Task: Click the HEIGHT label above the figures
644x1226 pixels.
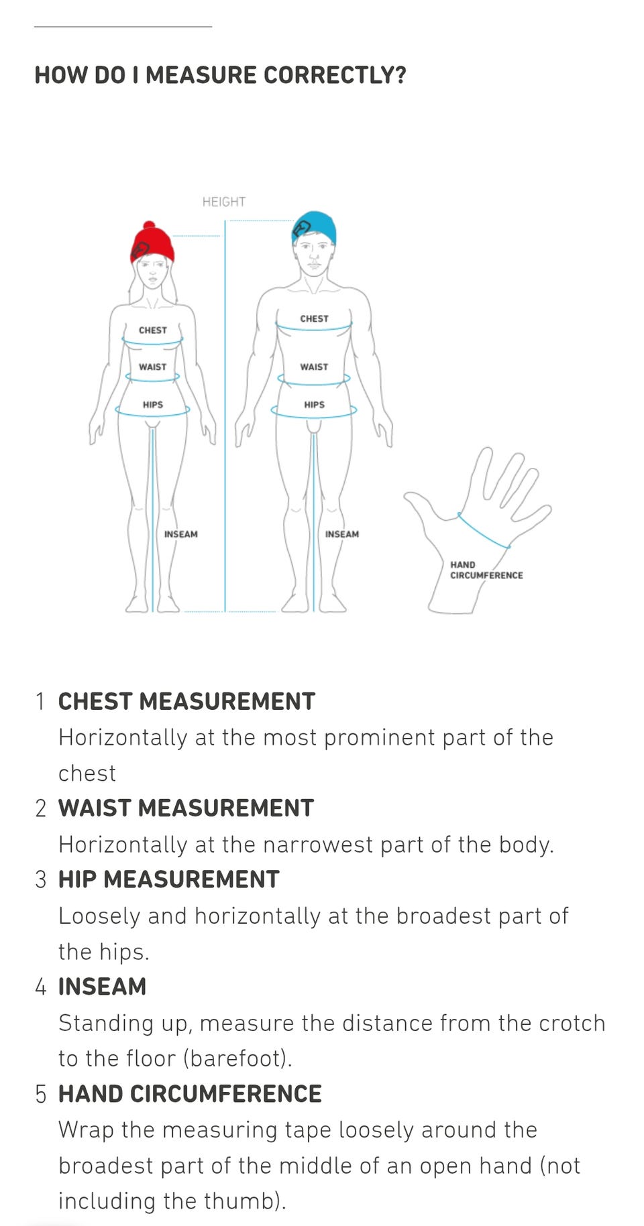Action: [224, 202]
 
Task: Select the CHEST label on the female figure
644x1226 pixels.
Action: [153, 330]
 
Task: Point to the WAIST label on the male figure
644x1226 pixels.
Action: [314, 367]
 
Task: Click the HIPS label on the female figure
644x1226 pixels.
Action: [153, 405]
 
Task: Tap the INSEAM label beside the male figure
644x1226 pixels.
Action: [342, 534]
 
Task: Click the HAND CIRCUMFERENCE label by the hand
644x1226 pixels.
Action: [486, 570]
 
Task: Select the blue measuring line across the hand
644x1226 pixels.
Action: [483, 532]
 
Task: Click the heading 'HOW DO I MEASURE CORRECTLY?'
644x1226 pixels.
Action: [221, 75]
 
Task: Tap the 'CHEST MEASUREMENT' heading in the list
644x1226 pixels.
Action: [186, 702]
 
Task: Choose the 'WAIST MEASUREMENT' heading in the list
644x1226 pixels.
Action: [186, 808]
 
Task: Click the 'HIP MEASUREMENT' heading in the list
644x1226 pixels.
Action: [168, 879]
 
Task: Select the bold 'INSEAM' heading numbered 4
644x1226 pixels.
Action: [102, 987]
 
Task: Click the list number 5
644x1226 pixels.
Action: [41, 1094]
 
